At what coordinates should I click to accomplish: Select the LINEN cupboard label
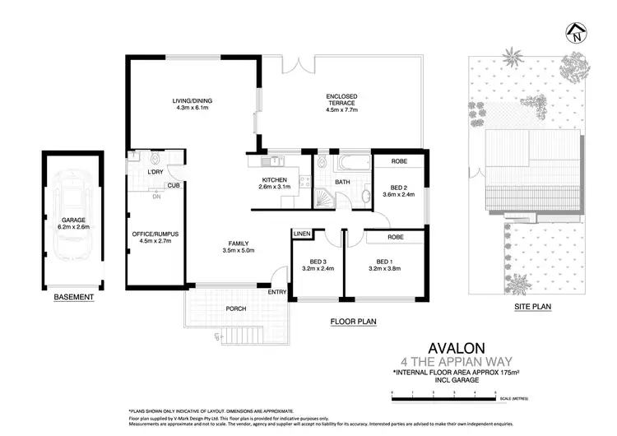coord(301,235)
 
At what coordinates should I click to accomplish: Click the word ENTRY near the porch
coord(277,291)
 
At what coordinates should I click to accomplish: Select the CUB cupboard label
coord(173,186)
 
